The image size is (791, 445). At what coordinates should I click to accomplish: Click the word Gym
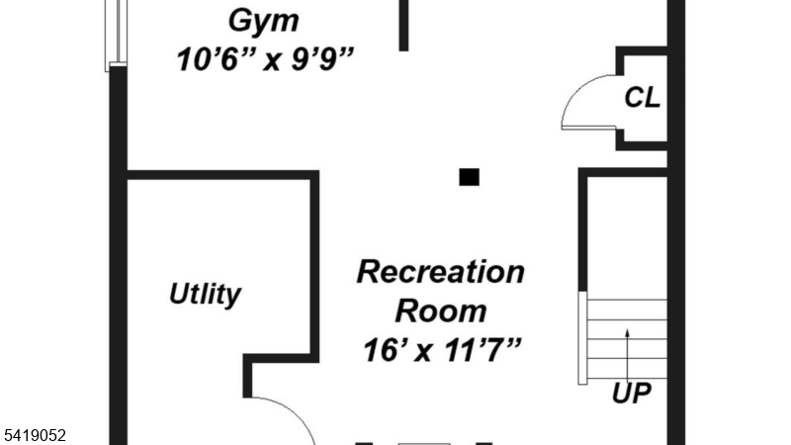pyautogui.click(x=263, y=20)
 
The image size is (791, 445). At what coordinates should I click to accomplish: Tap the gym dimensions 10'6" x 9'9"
pyautogui.click(x=265, y=59)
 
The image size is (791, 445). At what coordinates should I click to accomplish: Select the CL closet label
pyautogui.click(x=642, y=98)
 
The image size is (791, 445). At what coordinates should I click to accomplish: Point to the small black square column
pyautogui.click(x=470, y=177)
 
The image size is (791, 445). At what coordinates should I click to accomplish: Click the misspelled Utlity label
pyautogui.click(x=205, y=295)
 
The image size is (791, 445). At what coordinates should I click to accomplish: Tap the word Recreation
pyautogui.click(x=440, y=271)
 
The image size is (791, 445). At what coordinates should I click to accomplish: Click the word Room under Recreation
pyautogui.click(x=441, y=311)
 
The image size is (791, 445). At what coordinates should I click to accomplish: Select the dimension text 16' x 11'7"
pyautogui.click(x=441, y=349)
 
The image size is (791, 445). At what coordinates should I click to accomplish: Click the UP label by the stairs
pyautogui.click(x=632, y=394)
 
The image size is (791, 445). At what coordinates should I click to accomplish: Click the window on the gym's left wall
pyautogui.click(x=117, y=35)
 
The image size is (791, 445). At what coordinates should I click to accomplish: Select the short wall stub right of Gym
pyautogui.click(x=403, y=25)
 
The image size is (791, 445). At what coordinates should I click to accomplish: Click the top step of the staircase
pyautogui.click(x=627, y=308)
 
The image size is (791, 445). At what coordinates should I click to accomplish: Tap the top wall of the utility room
pyautogui.click(x=222, y=176)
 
